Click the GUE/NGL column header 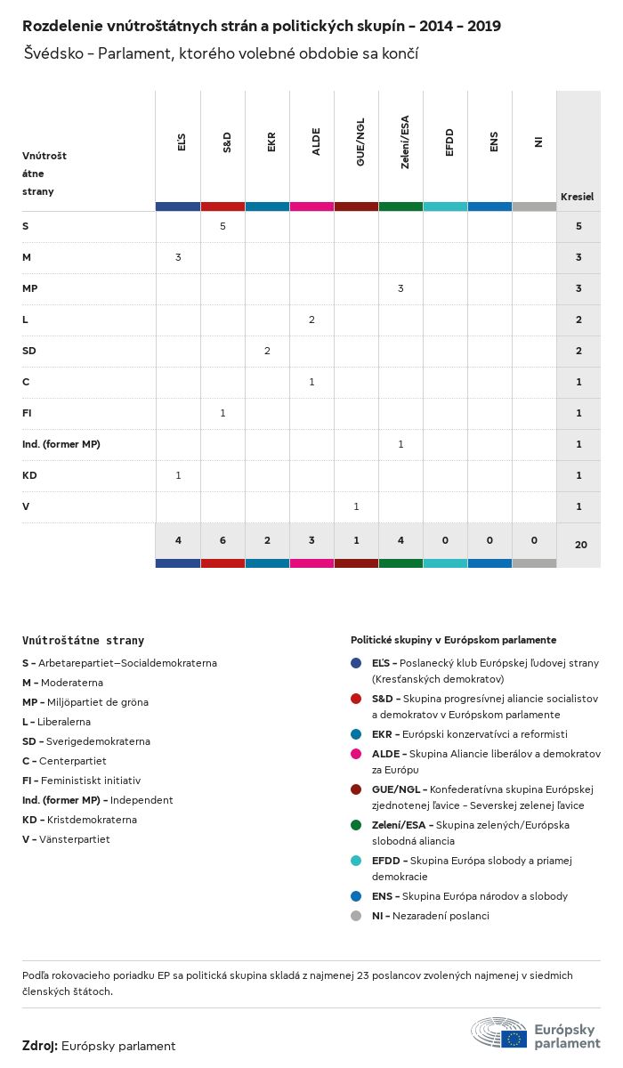pos(360,146)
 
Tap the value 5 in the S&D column pos(222,226)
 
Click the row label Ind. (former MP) pos(61,444)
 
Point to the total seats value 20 pos(581,544)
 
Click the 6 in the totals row pos(222,540)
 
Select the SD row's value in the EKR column pos(267,351)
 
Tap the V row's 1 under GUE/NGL pos(356,506)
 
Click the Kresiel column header pos(577,197)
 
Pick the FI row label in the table pos(28,413)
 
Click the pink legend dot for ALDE pos(356,754)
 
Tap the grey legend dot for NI pos(356,916)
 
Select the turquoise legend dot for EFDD pos(356,861)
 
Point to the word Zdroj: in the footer pos(40,1046)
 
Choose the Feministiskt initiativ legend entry pos(81,781)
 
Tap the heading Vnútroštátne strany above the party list pos(83,640)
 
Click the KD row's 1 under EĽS pos(178,475)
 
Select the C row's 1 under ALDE pos(311,382)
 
